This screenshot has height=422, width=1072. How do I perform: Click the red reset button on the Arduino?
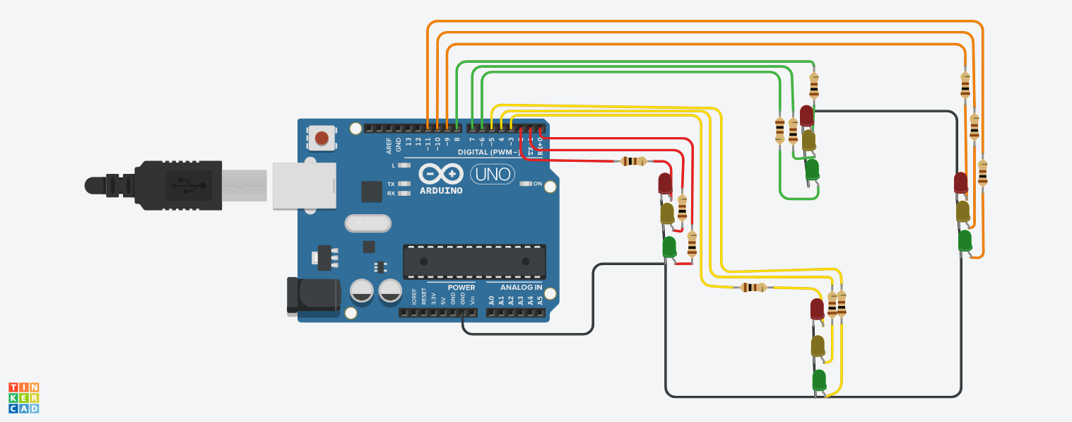[322, 139]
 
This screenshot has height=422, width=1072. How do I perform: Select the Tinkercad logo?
[23, 397]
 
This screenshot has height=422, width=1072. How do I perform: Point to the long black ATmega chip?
[474, 262]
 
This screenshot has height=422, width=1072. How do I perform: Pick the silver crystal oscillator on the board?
[367, 223]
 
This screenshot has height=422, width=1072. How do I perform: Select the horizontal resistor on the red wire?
[633, 161]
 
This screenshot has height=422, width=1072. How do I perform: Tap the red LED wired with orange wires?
[960, 182]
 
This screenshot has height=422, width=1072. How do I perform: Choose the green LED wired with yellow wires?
[819, 380]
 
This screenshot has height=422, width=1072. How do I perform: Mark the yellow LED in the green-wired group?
[809, 140]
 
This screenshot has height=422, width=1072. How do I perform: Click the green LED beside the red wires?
[669, 247]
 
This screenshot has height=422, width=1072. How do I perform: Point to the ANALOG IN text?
[522, 287]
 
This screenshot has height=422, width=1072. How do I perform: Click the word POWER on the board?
[461, 287]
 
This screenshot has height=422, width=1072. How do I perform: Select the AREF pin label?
[389, 146]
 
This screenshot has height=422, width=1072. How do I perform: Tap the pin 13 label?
[408, 141]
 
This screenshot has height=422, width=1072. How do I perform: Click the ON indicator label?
[537, 184]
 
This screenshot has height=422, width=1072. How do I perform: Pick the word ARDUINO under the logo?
[441, 190]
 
